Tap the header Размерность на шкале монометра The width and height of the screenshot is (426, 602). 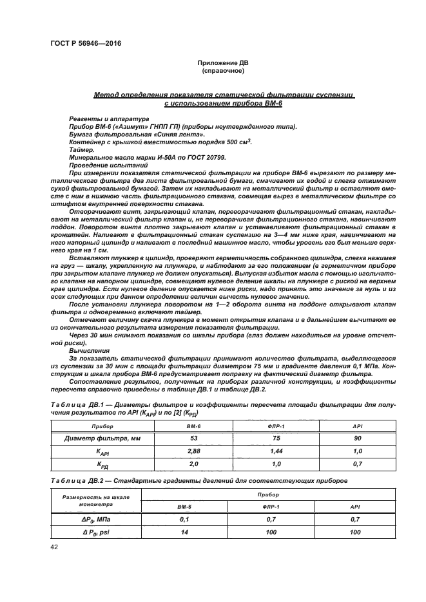pos(95,501)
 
